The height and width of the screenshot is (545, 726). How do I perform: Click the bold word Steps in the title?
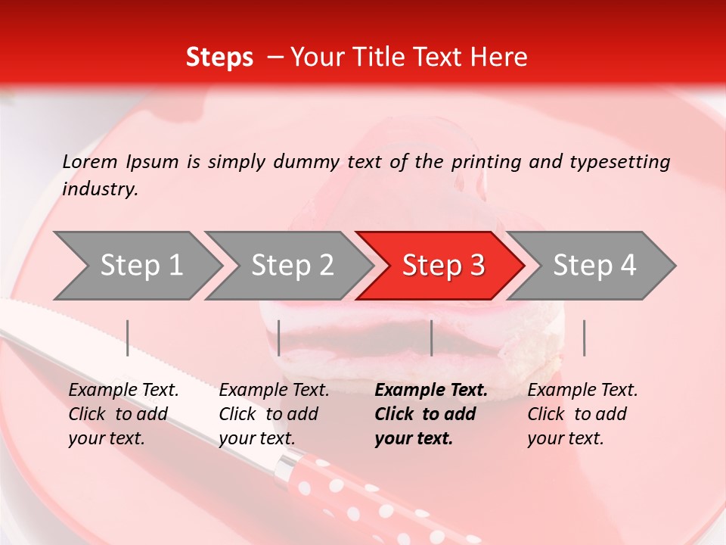(219, 58)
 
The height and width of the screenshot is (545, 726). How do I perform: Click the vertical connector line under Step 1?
(128, 338)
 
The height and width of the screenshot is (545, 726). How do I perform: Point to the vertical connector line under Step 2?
(279, 338)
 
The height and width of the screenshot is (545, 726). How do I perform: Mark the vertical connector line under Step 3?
(431, 338)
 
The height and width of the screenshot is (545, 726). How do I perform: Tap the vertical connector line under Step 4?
(584, 338)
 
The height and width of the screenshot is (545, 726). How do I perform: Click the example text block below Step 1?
(123, 414)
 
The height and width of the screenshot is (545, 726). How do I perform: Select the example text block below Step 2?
(274, 414)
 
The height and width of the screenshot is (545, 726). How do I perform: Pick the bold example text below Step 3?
(431, 414)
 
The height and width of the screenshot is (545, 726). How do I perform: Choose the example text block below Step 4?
(582, 414)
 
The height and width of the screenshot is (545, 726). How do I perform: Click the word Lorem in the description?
(90, 161)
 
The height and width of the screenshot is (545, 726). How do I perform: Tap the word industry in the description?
(100, 188)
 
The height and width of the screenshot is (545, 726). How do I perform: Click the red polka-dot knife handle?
(363, 496)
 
